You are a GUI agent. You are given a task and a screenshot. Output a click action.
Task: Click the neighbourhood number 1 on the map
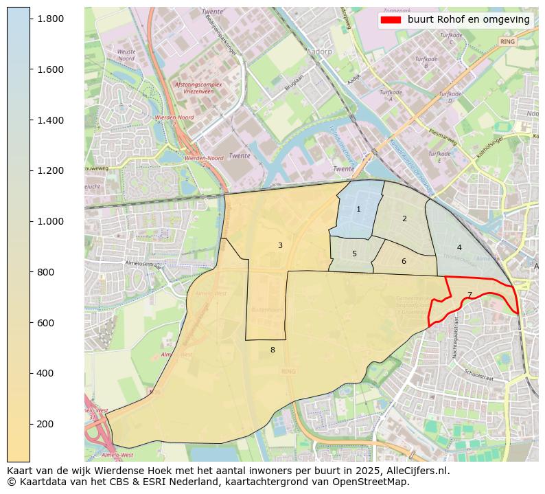(x=358, y=209)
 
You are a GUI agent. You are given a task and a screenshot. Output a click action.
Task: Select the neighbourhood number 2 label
(x=404, y=218)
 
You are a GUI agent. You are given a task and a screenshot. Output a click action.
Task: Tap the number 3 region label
(x=280, y=245)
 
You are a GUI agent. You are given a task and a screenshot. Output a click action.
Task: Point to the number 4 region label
(x=459, y=247)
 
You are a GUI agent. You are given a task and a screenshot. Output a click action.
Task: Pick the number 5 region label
(x=354, y=254)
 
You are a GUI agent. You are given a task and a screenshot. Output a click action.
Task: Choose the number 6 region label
(x=404, y=261)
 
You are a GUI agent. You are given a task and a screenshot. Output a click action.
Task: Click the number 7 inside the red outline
(x=469, y=295)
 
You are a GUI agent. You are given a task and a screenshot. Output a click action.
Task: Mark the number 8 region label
(x=272, y=350)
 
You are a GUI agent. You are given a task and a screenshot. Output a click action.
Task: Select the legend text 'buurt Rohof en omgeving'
(x=468, y=20)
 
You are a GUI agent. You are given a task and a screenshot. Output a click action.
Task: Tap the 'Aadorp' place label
(x=320, y=52)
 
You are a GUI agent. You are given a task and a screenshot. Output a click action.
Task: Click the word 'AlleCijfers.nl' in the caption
(x=417, y=471)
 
